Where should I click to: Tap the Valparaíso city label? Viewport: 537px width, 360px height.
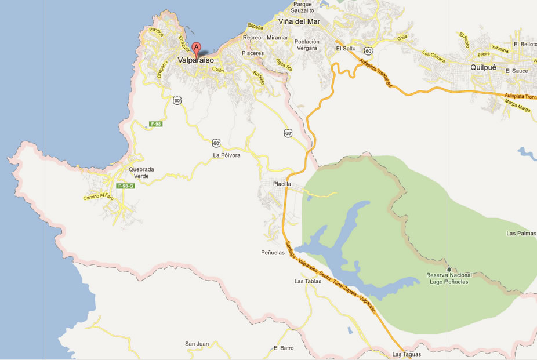[195, 60]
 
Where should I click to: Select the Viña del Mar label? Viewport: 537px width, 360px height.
[299, 21]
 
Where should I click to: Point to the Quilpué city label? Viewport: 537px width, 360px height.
[482, 67]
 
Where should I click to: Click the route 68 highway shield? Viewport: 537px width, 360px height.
[288, 133]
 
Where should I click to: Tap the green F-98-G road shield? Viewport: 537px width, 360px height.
[125, 186]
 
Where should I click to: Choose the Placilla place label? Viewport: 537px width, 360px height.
[282, 184]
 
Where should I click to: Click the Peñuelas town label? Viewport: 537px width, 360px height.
[273, 253]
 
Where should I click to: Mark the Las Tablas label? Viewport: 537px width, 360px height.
[307, 282]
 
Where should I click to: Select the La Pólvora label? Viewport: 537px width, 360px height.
[226, 155]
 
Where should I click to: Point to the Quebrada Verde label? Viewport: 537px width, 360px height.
[141, 173]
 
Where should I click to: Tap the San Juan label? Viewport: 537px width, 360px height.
[197, 344]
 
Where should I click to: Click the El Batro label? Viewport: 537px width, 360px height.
[284, 348]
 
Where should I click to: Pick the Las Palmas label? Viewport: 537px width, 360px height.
[519, 234]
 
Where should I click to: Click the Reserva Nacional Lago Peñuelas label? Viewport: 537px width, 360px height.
[449, 278]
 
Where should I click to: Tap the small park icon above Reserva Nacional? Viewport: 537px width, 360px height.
[449, 268]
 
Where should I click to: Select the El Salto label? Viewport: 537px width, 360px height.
[346, 48]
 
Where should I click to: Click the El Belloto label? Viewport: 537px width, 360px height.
[525, 44]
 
